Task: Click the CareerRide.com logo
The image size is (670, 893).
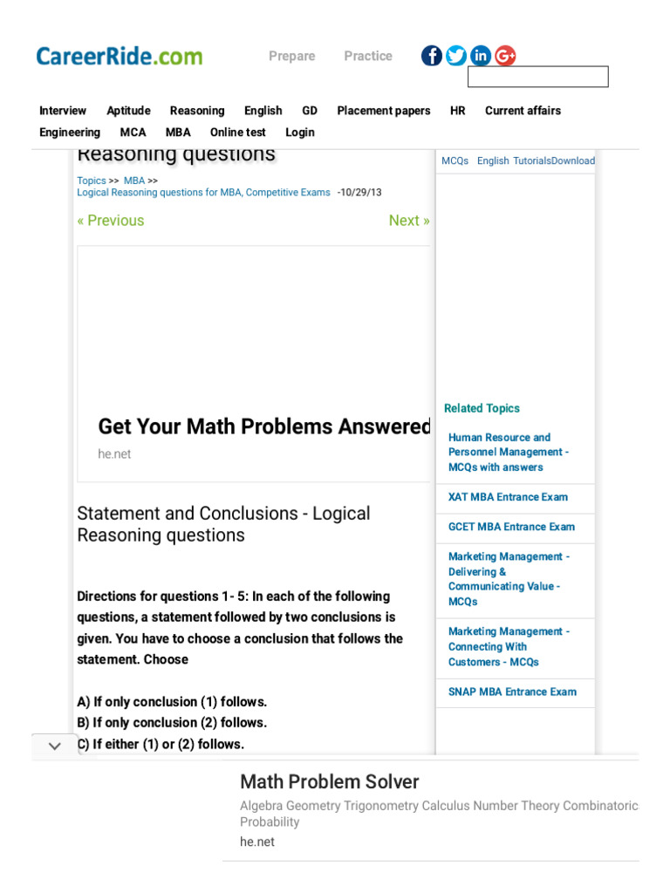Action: pyautogui.click(x=120, y=57)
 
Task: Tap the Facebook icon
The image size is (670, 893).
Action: pyautogui.click(x=432, y=56)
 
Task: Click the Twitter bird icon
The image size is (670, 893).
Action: pyautogui.click(x=456, y=56)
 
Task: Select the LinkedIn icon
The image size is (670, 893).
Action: pyautogui.click(x=481, y=56)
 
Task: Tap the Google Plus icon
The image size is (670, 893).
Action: pyautogui.click(x=505, y=56)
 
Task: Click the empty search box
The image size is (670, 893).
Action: pyautogui.click(x=537, y=77)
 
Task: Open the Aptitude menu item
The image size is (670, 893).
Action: pyautogui.click(x=128, y=111)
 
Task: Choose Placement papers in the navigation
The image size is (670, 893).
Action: pyautogui.click(x=384, y=111)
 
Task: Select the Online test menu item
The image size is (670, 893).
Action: pyautogui.click(x=237, y=133)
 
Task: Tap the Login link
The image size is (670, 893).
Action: pyautogui.click(x=300, y=133)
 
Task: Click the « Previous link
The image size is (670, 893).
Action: pyautogui.click(x=111, y=221)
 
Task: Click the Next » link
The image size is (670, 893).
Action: pyautogui.click(x=409, y=221)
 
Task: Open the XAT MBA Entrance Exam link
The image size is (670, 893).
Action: pyautogui.click(x=508, y=497)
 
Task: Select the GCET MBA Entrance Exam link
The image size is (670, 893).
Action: pyautogui.click(x=511, y=527)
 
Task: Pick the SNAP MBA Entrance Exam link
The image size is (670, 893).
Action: pyautogui.click(x=512, y=692)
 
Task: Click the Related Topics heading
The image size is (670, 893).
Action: pyautogui.click(x=482, y=408)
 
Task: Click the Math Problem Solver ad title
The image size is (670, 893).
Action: pyautogui.click(x=330, y=781)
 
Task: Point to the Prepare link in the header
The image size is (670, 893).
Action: pyautogui.click(x=292, y=56)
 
